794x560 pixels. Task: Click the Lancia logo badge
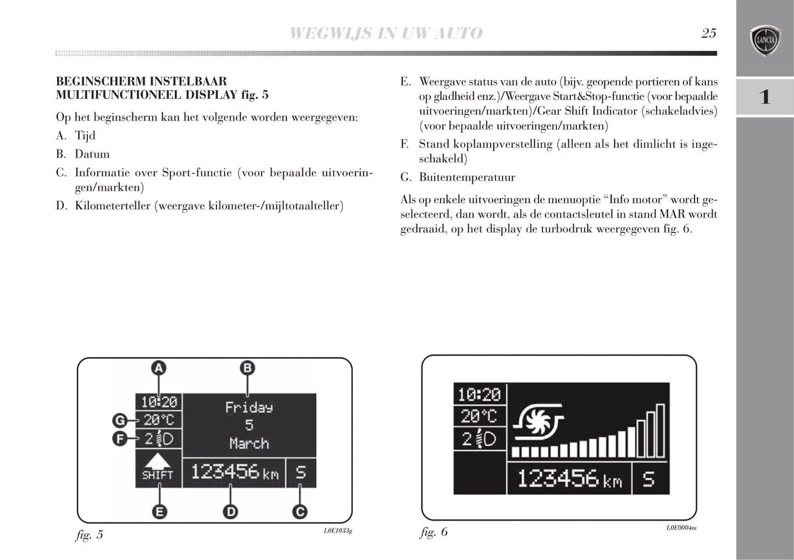(765, 41)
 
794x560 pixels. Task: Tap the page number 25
(709, 33)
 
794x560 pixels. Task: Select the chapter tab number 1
(764, 97)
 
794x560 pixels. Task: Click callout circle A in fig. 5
(159, 368)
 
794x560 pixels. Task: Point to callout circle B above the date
(247, 368)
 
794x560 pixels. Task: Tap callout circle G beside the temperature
(120, 421)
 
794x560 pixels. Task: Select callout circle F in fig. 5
(120, 439)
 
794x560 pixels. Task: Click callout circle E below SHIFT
(159, 512)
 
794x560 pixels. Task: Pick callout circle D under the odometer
(230, 512)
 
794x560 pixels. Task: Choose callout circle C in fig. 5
(300, 512)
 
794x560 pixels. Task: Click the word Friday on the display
(249, 408)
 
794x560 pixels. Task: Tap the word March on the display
(249, 443)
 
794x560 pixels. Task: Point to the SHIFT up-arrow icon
(158, 461)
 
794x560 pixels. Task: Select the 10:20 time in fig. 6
(479, 395)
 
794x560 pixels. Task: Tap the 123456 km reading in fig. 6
(570, 479)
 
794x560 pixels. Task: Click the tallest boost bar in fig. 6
(660, 431)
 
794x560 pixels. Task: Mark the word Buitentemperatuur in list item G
(467, 177)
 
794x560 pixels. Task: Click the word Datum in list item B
(92, 154)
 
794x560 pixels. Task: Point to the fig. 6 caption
(434, 532)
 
